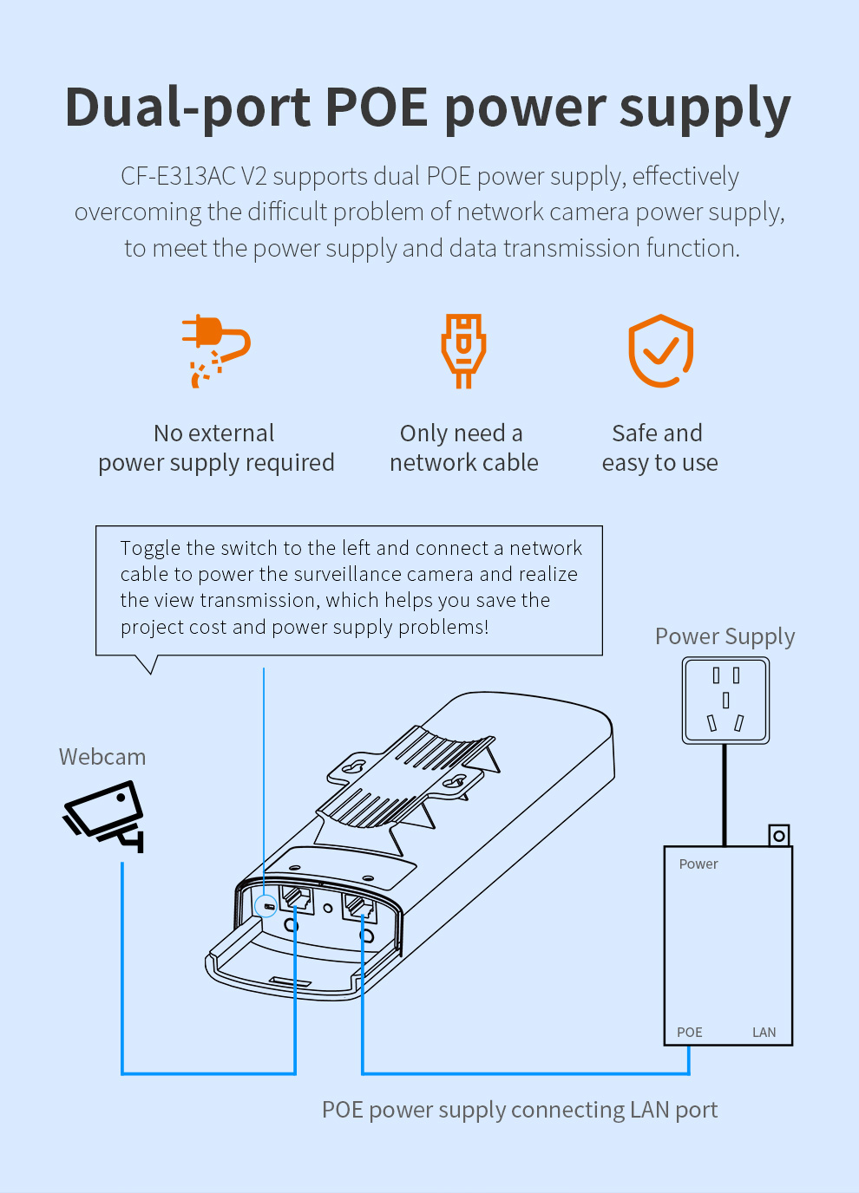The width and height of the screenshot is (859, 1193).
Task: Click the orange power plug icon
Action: click(215, 349)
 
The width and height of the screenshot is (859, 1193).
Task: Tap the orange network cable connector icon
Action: click(463, 349)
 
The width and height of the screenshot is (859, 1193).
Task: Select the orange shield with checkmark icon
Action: click(660, 350)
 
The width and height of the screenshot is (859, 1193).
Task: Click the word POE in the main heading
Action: click(376, 108)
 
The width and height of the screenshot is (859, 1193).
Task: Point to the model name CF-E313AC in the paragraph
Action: click(178, 176)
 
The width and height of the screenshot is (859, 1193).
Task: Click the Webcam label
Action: click(102, 757)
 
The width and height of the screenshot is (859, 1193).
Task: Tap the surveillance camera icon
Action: click(105, 815)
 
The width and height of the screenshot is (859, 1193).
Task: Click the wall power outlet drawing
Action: click(725, 700)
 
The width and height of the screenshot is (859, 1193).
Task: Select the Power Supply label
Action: click(725, 636)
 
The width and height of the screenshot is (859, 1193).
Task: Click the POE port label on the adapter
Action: click(690, 1032)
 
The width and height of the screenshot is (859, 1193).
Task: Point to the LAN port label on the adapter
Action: click(764, 1032)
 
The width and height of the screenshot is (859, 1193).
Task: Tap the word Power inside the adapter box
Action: click(698, 864)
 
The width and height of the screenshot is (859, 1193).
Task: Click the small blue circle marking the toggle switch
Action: click(266, 907)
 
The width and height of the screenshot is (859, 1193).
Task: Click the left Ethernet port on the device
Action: click(298, 898)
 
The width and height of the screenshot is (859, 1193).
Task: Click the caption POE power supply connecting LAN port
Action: click(519, 1110)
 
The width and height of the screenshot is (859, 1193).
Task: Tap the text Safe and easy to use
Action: click(659, 447)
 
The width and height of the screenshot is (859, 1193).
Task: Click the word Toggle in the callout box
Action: click(150, 548)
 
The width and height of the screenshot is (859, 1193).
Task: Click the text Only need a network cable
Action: click(463, 447)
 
